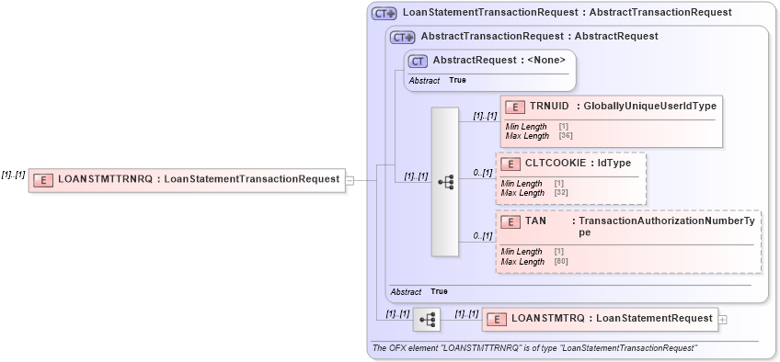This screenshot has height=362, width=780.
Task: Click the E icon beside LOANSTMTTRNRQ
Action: pyautogui.click(x=42, y=180)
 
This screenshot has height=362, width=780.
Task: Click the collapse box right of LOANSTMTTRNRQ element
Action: pyautogui.click(x=349, y=180)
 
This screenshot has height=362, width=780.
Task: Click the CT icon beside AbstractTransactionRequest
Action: pyautogui.click(x=403, y=37)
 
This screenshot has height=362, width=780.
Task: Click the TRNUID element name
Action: pyautogui.click(x=548, y=107)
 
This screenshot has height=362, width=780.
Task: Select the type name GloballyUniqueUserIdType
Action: pyautogui.click(x=649, y=107)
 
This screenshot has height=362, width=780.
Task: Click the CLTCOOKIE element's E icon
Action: pyautogui.click(x=510, y=164)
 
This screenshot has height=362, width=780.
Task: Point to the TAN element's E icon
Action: pyautogui.click(x=510, y=221)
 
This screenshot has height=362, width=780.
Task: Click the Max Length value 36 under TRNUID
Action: pyautogui.click(x=564, y=136)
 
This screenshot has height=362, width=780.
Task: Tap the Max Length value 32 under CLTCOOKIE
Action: pyautogui.click(x=559, y=193)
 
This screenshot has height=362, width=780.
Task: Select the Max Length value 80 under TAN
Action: pyautogui.click(x=560, y=262)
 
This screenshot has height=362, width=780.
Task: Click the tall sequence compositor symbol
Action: pyautogui.click(x=445, y=183)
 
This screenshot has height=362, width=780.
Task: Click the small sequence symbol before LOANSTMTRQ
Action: pyautogui.click(x=427, y=320)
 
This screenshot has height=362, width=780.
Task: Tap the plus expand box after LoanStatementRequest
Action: pyautogui.click(x=722, y=320)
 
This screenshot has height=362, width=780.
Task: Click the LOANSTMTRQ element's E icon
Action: pyautogui.click(x=497, y=320)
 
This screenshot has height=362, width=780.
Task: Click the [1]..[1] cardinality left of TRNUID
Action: pyautogui.click(x=485, y=117)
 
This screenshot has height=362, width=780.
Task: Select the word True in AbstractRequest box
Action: pyautogui.click(x=457, y=81)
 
